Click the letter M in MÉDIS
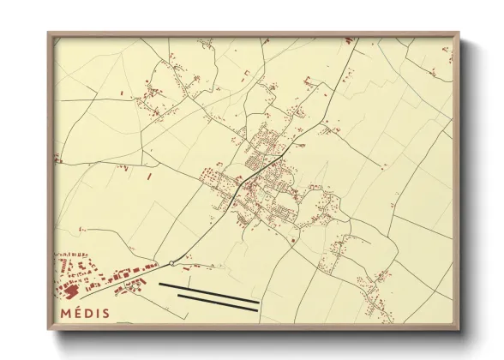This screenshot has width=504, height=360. coord(65,313)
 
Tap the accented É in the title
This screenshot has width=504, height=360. coord(79,313)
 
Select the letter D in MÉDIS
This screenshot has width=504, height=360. coord(91,313)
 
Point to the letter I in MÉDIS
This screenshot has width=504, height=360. coord(99,313)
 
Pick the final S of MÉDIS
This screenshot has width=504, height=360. coord(106,313)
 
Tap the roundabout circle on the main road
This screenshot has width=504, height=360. coord(172,262)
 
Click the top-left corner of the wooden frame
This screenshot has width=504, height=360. coord(49,33)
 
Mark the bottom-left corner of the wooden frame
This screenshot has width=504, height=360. coord(49,329)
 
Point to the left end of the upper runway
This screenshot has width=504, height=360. coord(161,284)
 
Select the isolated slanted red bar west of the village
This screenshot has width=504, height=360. coord(149,177)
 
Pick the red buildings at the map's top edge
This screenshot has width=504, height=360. coord(349,40)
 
